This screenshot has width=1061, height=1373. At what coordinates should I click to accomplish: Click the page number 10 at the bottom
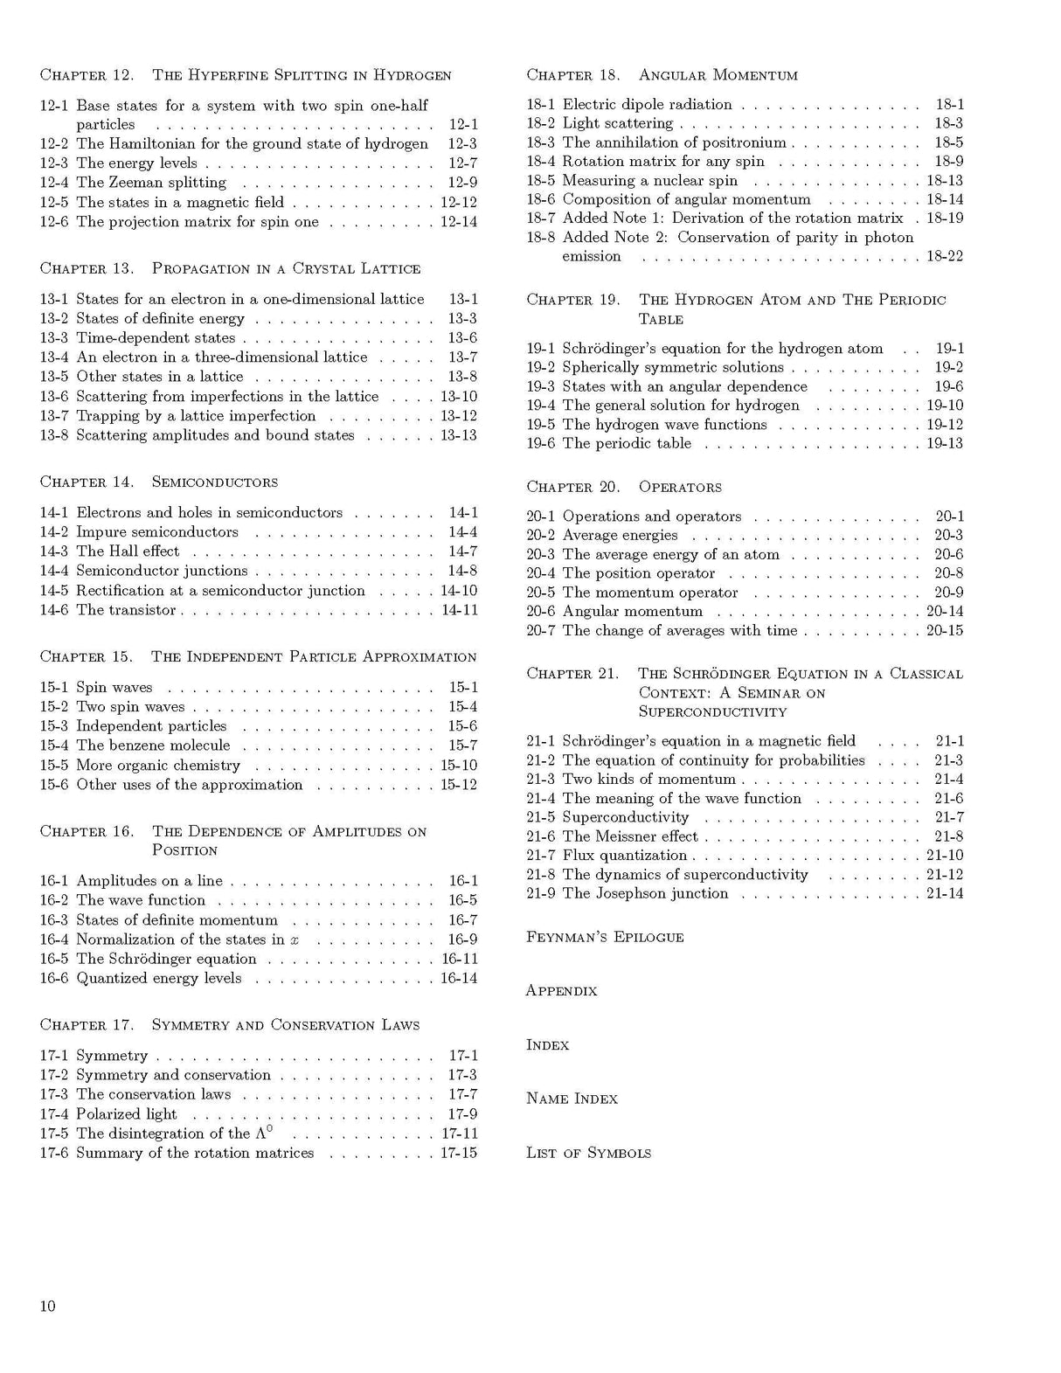click(x=47, y=1306)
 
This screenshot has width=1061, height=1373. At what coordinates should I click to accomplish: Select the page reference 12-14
click(x=459, y=222)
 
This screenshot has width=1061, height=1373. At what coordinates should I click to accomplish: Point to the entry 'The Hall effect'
click(x=128, y=551)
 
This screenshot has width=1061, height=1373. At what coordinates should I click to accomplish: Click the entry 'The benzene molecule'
click(x=153, y=745)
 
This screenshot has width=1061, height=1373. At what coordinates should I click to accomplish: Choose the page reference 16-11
click(x=459, y=959)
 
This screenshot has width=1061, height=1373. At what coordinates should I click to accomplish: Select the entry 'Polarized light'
click(x=127, y=1114)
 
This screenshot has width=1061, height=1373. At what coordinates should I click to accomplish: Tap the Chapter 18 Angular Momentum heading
click(x=662, y=75)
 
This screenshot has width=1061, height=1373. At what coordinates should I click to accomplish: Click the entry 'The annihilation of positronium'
click(x=674, y=142)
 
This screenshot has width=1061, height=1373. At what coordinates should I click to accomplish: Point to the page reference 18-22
click(x=945, y=256)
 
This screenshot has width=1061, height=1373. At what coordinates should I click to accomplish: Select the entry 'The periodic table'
click(x=627, y=444)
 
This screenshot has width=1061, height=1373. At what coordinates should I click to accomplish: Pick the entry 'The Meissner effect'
click(x=630, y=836)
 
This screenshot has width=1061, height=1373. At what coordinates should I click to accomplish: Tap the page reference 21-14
click(x=945, y=893)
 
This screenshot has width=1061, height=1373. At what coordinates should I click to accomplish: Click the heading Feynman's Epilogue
click(x=605, y=937)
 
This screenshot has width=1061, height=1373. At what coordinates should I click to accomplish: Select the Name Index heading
click(x=572, y=1099)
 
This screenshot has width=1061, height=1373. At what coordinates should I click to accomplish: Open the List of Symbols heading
click(x=588, y=1153)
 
